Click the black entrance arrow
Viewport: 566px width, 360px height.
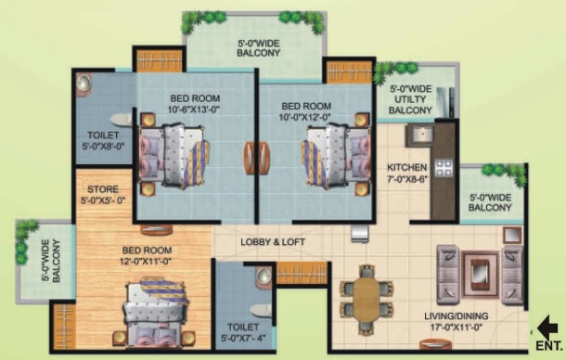[547, 328]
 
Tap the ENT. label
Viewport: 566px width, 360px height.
[549, 346]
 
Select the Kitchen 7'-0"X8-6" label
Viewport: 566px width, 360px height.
[407, 173]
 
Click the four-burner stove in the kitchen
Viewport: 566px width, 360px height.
[444, 167]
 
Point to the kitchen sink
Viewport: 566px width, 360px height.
[419, 135]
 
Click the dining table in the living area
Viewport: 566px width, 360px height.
[367, 299]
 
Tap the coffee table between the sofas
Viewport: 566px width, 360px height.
[481, 274]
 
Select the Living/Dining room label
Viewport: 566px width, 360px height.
[457, 321]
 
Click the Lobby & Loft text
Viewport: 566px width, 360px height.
[273, 242]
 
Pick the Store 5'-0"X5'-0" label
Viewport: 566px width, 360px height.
[103, 195]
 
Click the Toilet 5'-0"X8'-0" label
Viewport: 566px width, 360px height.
[103, 140]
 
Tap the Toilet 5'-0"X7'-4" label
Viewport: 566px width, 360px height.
[243, 332]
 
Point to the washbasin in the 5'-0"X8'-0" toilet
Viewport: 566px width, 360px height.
[84, 84]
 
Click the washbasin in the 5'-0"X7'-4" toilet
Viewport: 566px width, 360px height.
[264, 276]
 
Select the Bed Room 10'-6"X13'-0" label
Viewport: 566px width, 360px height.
[195, 104]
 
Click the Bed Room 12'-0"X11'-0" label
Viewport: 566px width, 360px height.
[147, 255]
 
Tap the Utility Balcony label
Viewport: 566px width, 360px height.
[410, 99]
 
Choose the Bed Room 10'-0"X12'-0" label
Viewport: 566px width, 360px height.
[306, 111]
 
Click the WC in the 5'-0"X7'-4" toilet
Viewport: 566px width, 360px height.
[262, 311]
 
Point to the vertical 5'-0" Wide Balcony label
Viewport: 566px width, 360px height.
[51, 261]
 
